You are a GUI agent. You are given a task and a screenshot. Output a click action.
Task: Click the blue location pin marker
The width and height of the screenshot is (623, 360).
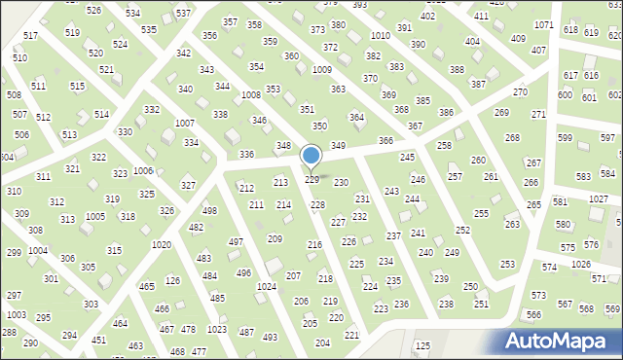click(x=311, y=156)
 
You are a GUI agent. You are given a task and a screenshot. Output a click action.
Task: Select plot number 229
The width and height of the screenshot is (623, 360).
click(x=312, y=180)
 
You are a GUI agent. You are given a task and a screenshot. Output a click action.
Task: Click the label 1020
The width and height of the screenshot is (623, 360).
click(x=163, y=244)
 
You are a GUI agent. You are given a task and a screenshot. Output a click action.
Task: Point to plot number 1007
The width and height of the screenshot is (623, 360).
click(x=184, y=123)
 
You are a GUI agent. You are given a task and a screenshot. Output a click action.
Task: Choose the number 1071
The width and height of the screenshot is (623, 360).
click(x=544, y=24)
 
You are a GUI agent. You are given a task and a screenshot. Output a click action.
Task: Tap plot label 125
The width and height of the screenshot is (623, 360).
click(x=422, y=345)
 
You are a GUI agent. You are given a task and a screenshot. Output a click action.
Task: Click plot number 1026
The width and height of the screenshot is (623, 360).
click(x=581, y=265)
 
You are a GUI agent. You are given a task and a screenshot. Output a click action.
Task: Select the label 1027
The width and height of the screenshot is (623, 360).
click(x=599, y=198)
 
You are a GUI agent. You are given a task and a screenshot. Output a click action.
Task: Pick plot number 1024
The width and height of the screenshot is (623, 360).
click(x=266, y=287)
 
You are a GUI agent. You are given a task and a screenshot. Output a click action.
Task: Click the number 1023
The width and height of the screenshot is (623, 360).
click(x=216, y=330)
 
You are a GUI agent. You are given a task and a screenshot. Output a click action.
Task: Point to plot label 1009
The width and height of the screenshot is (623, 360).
click(x=321, y=70)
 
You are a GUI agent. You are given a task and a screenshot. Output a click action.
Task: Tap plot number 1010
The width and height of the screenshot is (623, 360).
click(x=381, y=35)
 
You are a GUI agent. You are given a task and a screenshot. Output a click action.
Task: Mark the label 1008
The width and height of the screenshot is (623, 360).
click(x=251, y=94)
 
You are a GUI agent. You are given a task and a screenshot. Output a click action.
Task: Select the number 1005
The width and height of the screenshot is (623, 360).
click(x=95, y=216)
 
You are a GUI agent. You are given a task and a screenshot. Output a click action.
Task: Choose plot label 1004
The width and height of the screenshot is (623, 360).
click(x=38, y=250)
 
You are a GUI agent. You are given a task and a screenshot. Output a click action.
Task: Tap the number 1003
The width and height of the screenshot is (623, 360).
click(x=16, y=314)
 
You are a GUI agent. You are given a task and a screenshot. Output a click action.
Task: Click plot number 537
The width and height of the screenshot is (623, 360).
click(x=182, y=13)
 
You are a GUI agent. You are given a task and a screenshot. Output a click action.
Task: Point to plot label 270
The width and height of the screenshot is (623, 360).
click(x=520, y=91)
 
